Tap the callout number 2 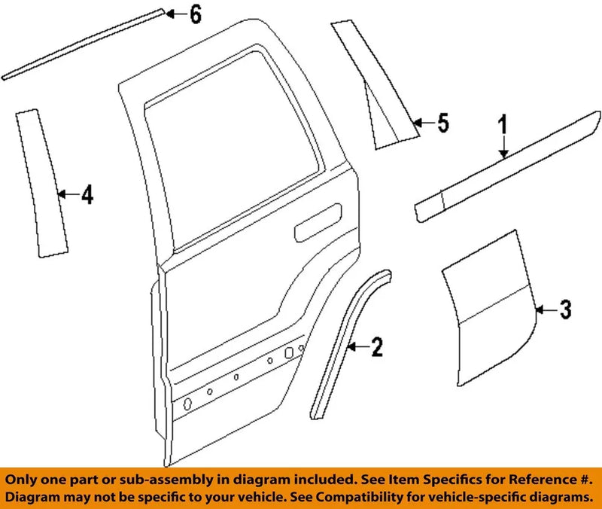pos(376,347)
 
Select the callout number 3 pos(564,309)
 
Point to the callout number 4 pos(87,196)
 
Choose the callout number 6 pos(195,14)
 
